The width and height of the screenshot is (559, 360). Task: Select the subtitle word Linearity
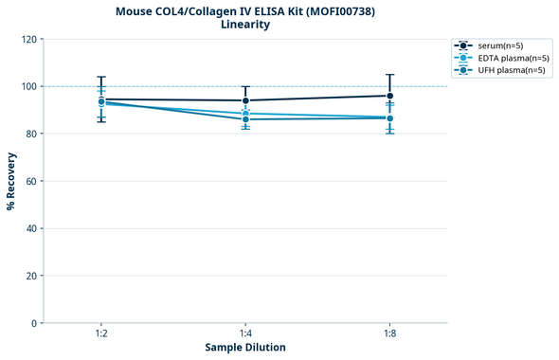(x=244, y=25)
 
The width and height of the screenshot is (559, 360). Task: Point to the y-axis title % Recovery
(x=11, y=181)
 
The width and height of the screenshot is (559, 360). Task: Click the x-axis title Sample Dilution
(x=245, y=348)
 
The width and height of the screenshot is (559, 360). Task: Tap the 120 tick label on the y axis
(x=28, y=39)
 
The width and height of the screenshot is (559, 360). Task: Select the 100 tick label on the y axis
(x=28, y=86)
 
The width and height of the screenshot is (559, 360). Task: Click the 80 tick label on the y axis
(x=31, y=134)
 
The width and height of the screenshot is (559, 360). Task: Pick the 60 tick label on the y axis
(x=31, y=181)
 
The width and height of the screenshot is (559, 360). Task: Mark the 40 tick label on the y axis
(x=31, y=228)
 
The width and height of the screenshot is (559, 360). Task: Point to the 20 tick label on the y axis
(x=31, y=276)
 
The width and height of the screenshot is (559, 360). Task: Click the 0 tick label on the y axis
(x=34, y=323)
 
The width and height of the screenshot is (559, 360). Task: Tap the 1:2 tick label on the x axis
(x=101, y=333)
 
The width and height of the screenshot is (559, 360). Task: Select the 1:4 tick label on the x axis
(x=245, y=333)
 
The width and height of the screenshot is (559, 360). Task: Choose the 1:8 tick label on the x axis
(x=389, y=333)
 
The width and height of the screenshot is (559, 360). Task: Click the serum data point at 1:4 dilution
(x=245, y=100)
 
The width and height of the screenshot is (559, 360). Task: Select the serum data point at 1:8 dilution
(x=389, y=96)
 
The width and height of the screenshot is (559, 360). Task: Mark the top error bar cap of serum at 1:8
(x=389, y=75)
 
